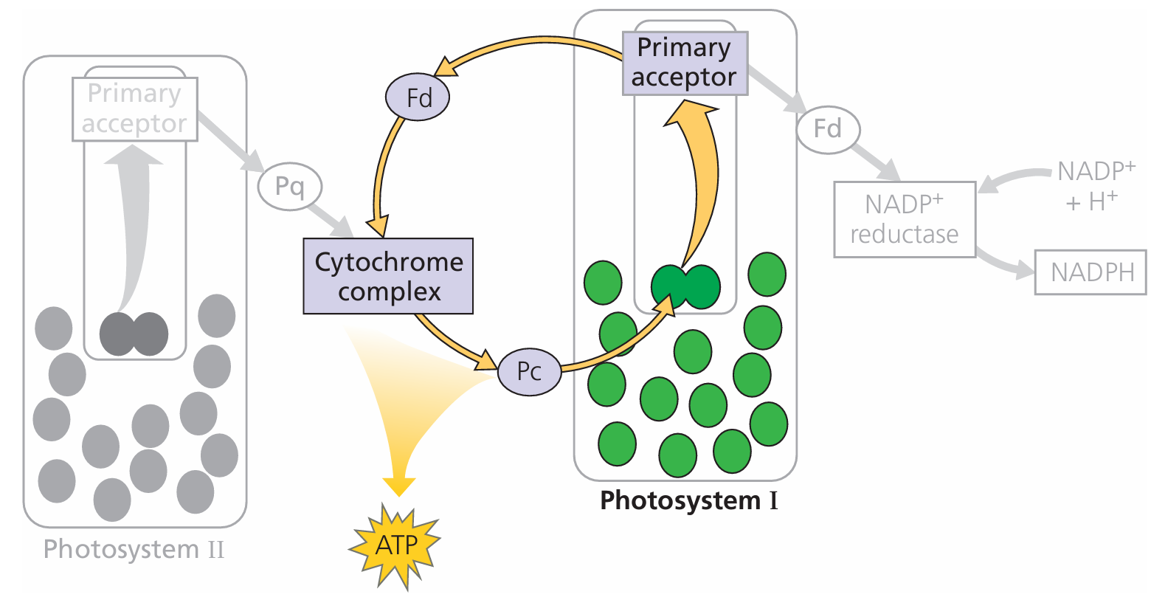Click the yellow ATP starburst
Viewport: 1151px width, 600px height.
(x=395, y=545)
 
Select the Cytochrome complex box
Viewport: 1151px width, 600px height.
(x=388, y=276)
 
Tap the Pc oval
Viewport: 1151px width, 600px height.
(x=529, y=371)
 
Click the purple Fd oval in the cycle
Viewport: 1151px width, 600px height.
(x=418, y=97)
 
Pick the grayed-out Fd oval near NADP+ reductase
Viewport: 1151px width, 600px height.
(x=828, y=130)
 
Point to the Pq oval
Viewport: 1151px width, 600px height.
(x=290, y=186)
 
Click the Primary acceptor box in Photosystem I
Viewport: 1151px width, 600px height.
(x=685, y=63)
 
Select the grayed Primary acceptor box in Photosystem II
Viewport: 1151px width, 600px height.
(x=134, y=108)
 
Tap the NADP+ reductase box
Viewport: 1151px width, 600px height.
(x=905, y=218)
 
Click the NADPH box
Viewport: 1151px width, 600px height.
(x=1091, y=272)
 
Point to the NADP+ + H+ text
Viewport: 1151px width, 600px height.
(x=1094, y=186)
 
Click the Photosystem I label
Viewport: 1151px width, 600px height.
(x=688, y=500)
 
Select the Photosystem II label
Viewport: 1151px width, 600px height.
(x=134, y=549)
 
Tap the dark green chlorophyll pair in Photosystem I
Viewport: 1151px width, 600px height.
(x=685, y=286)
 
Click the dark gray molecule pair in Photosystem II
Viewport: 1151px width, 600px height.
(x=134, y=334)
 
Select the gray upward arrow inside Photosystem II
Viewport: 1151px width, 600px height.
(x=136, y=221)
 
